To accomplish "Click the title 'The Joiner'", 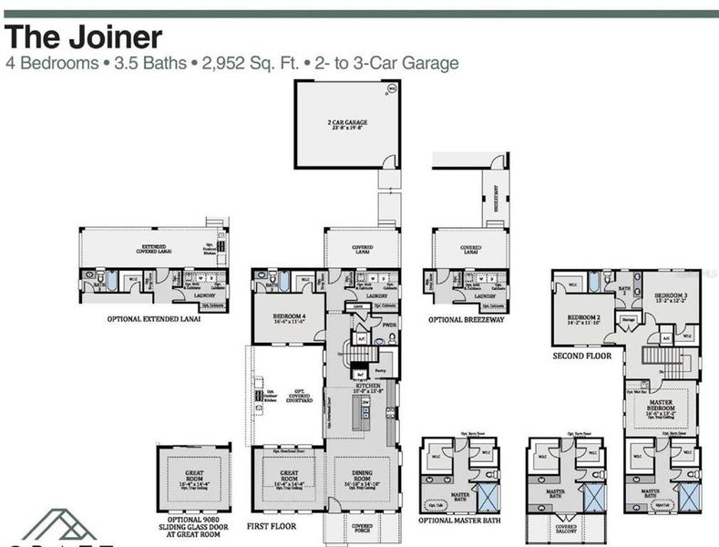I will [x=84, y=37].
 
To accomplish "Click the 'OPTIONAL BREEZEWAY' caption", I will [x=467, y=320].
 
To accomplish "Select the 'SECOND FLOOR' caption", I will [x=581, y=356].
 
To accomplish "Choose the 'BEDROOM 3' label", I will [x=672, y=298].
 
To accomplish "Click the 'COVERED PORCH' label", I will [x=362, y=528].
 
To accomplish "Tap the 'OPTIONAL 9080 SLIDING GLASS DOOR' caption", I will [x=194, y=526].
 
